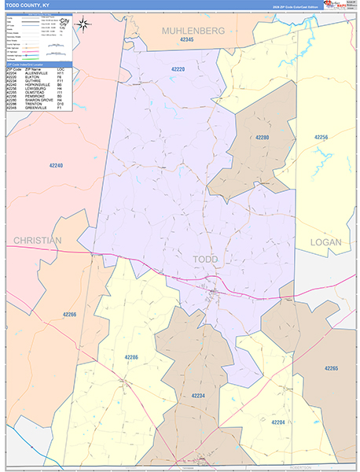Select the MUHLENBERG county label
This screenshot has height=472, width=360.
(x=193, y=30)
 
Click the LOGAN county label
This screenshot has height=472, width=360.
(x=326, y=242)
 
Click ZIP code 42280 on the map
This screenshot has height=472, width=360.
(x=263, y=137)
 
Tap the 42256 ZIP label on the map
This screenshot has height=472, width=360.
(x=321, y=137)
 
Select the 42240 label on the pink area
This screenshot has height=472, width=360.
(x=56, y=165)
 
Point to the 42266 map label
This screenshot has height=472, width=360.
(x=70, y=315)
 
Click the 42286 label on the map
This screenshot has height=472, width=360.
(x=131, y=357)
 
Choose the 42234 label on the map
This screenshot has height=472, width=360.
(x=198, y=396)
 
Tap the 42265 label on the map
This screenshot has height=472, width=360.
(x=331, y=368)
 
